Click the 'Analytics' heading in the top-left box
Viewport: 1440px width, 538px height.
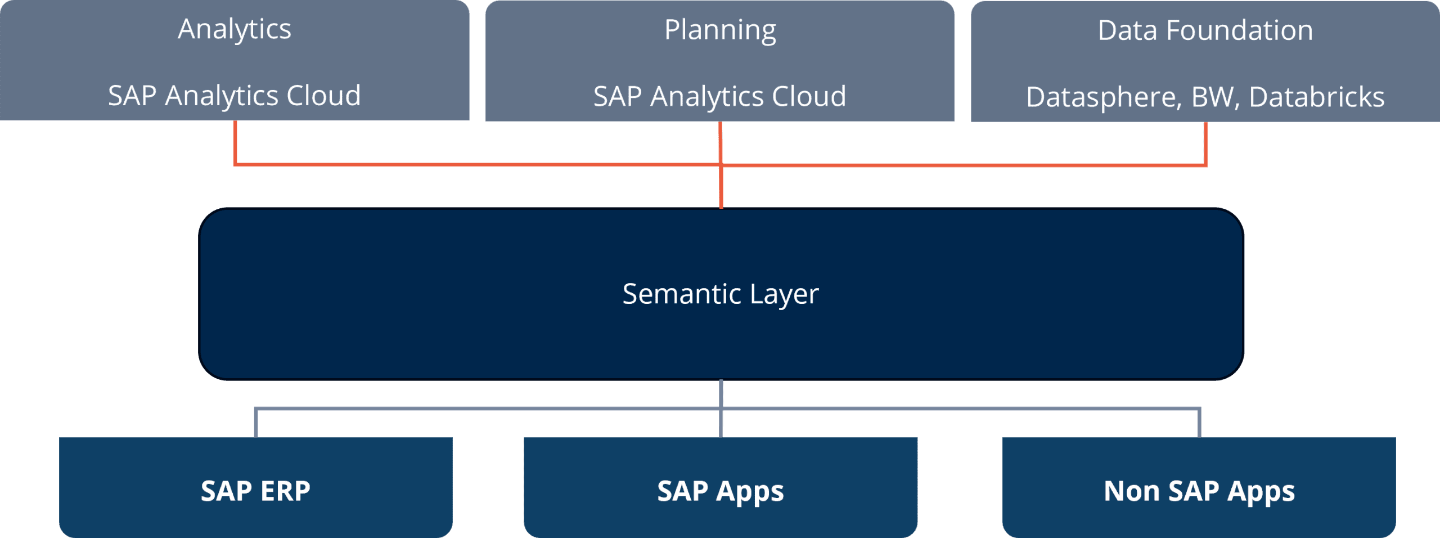pos(235,29)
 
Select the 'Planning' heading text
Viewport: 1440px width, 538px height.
pos(720,30)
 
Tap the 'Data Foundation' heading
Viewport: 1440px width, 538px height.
pos(1205,30)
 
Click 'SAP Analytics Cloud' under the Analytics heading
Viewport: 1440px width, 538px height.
pos(235,96)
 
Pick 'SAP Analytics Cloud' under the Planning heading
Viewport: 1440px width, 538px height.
pos(720,96)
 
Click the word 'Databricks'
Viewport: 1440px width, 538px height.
pos(1316,97)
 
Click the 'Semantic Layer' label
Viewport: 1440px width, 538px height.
pos(721,294)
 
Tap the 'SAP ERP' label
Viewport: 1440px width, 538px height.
pos(255,491)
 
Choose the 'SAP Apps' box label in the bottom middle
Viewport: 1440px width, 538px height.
pos(721,491)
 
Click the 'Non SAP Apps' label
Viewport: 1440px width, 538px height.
pos(1199,491)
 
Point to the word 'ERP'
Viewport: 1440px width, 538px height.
pos(285,491)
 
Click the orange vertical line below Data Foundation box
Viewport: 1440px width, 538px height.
pos(1205,143)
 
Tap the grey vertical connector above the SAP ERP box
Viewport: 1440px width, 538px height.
pos(256,423)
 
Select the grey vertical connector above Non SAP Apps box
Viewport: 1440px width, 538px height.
pos(1199,423)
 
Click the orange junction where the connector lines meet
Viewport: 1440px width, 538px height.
pos(721,165)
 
